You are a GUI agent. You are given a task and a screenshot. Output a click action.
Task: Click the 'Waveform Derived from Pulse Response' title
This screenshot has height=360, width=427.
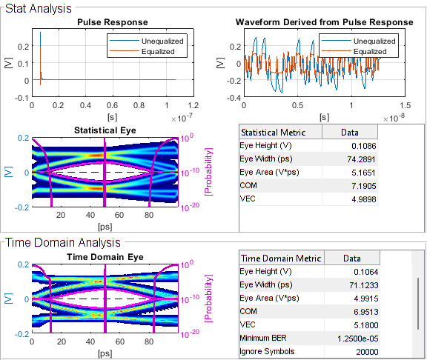pos(324,22)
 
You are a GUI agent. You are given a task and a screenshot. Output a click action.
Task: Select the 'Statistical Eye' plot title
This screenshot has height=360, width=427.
pos(104,130)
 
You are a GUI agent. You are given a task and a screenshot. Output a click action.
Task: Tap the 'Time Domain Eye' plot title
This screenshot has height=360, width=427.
pos(104,256)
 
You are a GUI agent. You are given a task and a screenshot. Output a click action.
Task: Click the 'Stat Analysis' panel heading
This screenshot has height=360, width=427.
pos(38,8)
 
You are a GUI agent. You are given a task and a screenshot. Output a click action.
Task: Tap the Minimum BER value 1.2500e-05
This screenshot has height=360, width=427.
pos(354,338)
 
